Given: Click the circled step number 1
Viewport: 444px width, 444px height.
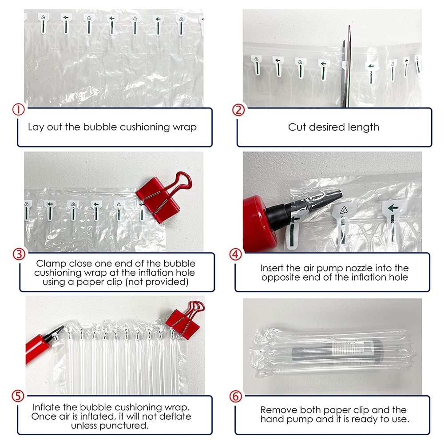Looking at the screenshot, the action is tap(18, 110).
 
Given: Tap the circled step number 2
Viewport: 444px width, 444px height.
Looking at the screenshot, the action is tap(238, 110).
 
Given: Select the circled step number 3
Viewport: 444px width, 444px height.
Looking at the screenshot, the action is tap(19, 254).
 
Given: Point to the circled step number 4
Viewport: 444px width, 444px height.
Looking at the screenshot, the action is tap(236, 254).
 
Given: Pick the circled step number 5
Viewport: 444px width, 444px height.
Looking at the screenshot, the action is tap(18, 396).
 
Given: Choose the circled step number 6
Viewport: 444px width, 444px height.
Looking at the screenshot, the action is tap(236, 396).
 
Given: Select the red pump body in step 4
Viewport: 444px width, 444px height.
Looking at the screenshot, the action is tap(259, 224).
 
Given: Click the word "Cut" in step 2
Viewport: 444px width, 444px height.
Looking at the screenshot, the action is tap(297, 127).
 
